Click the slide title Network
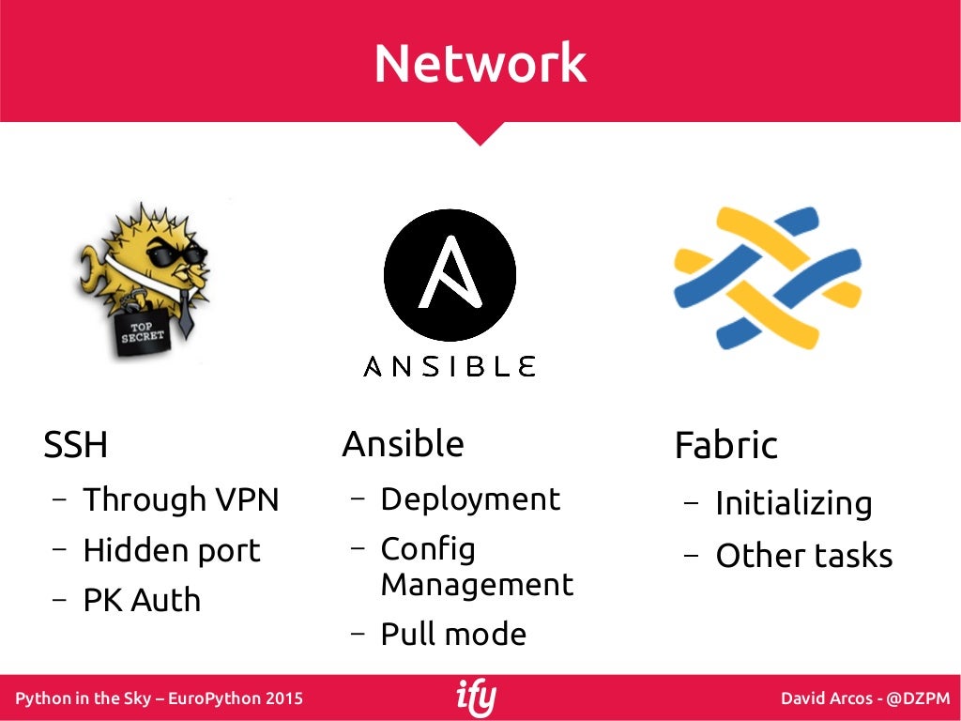[x=480, y=64]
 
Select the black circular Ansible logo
[x=450, y=275]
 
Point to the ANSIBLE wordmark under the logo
[x=450, y=366]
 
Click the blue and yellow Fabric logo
[x=767, y=277]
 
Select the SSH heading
[x=76, y=445]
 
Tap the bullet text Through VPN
[x=181, y=499]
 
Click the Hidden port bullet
[x=171, y=550]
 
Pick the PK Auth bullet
[x=142, y=600]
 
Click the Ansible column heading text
[x=403, y=444]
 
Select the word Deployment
[x=469, y=499]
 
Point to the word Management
[x=476, y=584]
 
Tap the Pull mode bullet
[x=453, y=634]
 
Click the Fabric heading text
[x=725, y=446]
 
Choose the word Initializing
[x=793, y=504]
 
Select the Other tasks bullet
[x=803, y=556]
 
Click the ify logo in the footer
[x=476, y=698]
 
